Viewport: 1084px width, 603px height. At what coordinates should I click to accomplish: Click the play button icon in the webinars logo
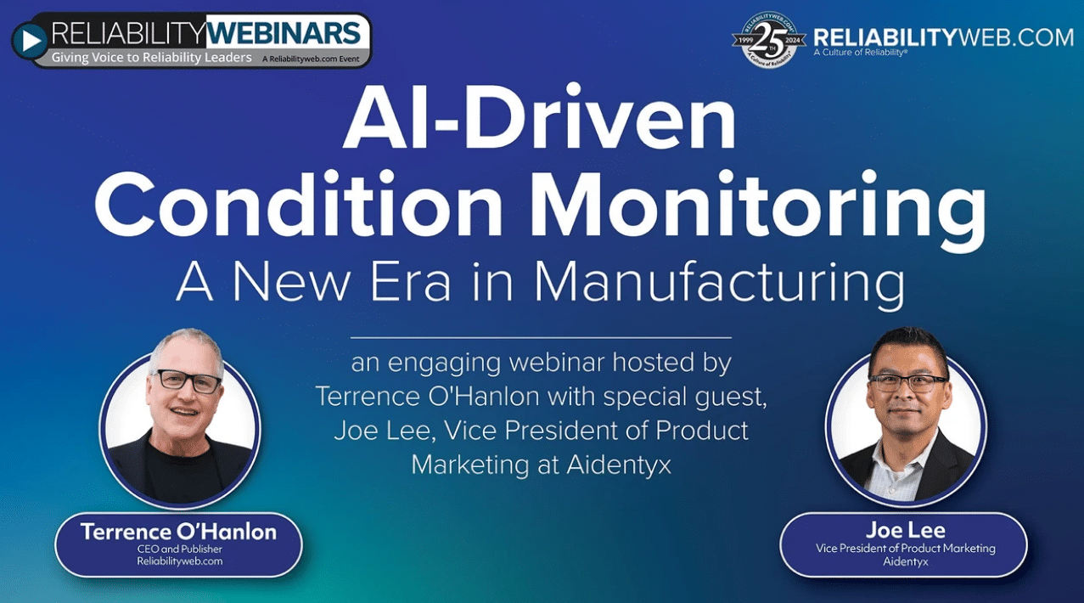(x=30, y=41)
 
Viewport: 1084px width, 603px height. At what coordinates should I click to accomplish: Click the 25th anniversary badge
(x=768, y=40)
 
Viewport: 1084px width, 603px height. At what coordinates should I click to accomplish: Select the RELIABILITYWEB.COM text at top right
(x=943, y=37)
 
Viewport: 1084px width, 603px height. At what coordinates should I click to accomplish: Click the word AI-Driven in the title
(x=539, y=118)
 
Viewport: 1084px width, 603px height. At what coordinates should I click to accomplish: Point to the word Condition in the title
(x=299, y=205)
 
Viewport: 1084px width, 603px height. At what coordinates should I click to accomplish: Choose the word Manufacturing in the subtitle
(x=719, y=284)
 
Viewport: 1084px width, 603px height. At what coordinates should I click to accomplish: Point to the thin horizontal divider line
(x=541, y=337)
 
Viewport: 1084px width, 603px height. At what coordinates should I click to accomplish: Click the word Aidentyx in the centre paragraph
(x=619, y=465)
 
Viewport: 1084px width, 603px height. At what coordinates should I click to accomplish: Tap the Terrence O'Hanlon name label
(x=178, y=532)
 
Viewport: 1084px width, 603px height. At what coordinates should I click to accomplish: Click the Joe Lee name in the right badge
(x=906, y=530)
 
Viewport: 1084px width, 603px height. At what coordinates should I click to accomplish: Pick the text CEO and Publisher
(x=180, y=549)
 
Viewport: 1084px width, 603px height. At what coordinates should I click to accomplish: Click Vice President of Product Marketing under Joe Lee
(x=906, y=549)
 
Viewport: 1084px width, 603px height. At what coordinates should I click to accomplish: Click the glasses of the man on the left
(x=186, y=380)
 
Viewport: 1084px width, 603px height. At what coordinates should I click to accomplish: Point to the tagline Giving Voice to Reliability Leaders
(x=151, y=58)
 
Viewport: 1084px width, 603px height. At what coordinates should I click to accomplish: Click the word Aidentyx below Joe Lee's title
(x=906, y=562)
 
